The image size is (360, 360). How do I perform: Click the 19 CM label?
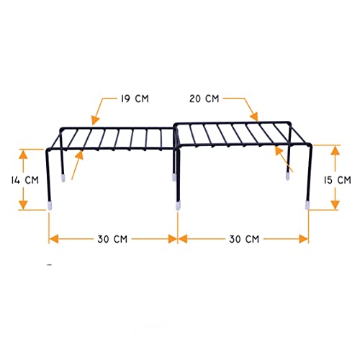[x=135, y=99]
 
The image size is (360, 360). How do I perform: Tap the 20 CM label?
[x=204, y=99]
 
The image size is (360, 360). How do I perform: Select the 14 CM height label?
[x=24, y=180]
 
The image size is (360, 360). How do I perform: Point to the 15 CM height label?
[x=337, y=180]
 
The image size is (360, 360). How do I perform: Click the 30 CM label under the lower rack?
[x=112, y=239]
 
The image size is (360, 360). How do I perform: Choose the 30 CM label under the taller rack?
[x=244, y=239]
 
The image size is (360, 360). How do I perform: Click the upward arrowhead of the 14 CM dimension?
[x=23, y=154]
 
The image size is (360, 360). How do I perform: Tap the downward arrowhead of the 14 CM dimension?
[x=23, y=204]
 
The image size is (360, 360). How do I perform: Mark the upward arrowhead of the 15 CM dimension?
[x=335, y=150]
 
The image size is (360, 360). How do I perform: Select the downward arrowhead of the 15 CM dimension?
[x=335, y=204]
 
